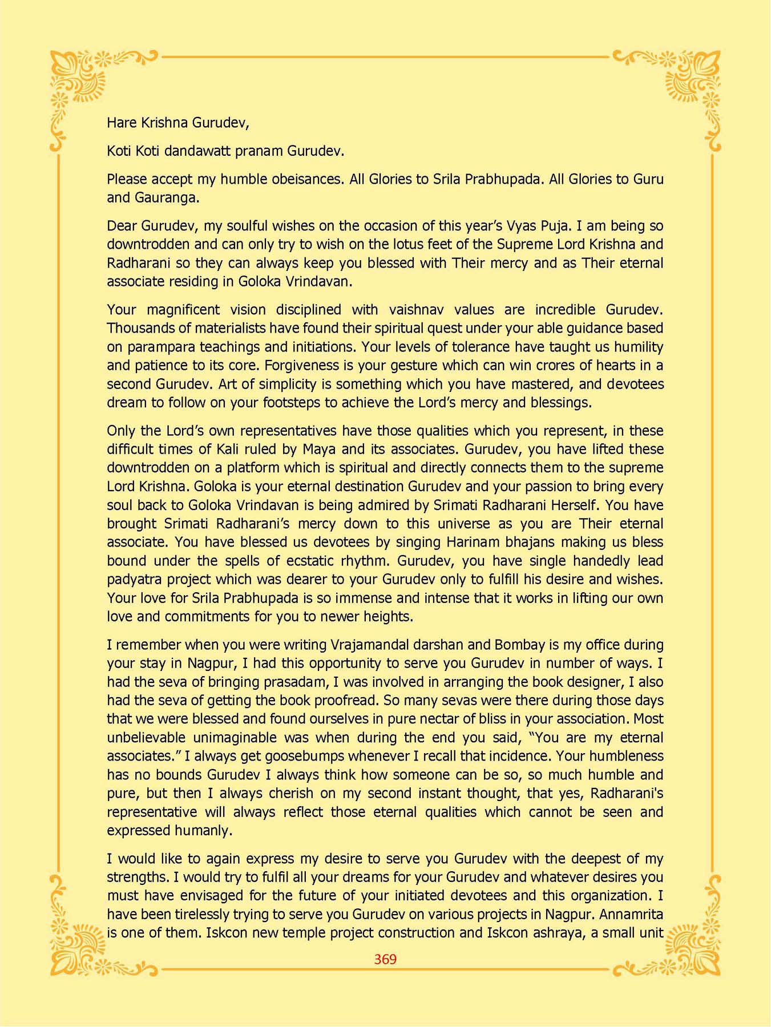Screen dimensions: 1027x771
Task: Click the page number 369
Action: click(385, 959)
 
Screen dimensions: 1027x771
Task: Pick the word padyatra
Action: click(135, 580)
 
